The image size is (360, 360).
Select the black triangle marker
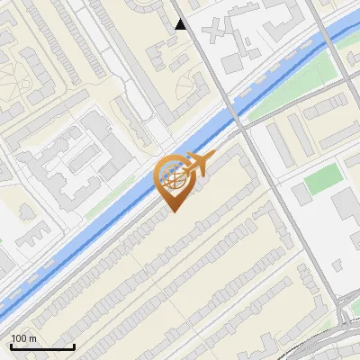click(x=181, y=24)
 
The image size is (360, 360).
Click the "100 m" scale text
click(x=23, y=338)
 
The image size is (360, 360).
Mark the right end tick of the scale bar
click(x=73, y=346)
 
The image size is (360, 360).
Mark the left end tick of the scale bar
click(x=10, y=346)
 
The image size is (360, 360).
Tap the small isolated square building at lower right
click(x=338, y=267)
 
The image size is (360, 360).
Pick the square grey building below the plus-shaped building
click(x=232, y=63)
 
